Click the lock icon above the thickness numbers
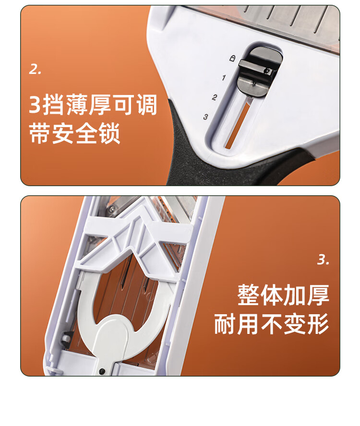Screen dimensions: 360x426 (232, 58)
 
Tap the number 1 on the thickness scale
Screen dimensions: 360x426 (224, 78)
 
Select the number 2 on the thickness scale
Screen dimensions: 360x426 (215, 97)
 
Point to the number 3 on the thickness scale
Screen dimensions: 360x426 (206, 117)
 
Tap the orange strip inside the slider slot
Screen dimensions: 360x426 (237, 126)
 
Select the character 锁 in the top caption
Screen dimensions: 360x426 (109, 133)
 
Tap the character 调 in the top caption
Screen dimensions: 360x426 (147, 104)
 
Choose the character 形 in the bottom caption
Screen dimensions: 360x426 (318, 324)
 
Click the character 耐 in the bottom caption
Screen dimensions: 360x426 (225, 324)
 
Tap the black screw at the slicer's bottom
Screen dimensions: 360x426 (102, 370)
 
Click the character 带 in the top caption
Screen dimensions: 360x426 (40, 133)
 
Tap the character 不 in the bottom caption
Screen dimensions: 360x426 (272, 324)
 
